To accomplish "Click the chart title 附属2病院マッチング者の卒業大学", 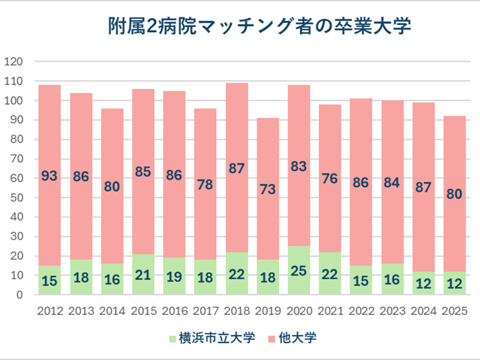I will coord(259,26).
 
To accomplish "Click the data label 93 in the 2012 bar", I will coord(49,176).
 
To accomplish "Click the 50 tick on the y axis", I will coord(17,198).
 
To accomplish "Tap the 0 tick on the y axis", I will coord(20,295).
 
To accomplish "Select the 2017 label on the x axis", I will coord(205,311).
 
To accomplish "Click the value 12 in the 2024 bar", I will coord(423,283).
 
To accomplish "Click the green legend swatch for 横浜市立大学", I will coord(173,338).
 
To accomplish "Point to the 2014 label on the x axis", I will coord(112,311).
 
